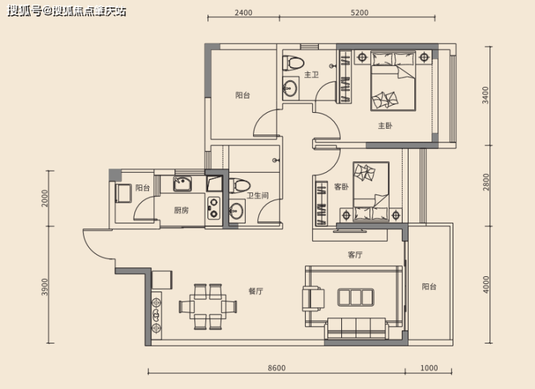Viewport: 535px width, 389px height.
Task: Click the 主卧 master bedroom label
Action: pyautogui.click(x=385, y=126)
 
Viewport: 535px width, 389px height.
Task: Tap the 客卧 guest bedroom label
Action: pyautogui.click(x=341, y=187)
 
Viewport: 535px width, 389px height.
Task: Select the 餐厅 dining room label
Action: pyautogui.click(x=255, y=291)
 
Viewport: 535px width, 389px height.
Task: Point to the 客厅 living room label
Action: pyautogui.click(x=355, y=255)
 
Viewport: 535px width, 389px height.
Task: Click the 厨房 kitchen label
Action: pyautogui.click(x=181, y=210)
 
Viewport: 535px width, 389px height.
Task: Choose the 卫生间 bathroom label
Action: pyautogui.click(x=257, y=195)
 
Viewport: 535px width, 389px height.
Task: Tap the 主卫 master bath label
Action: pyautogui.click(x=311, y=74)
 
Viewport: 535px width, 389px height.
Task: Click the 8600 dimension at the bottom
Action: pyautogui.click(x=276, y=368)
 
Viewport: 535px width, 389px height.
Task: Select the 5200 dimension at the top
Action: pyautogui.click(x=359, y=12)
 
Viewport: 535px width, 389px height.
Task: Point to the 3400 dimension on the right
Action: pyautogui.click(x=486, y=95)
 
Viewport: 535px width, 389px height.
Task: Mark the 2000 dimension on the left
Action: pyautogui.click(x=45, y=198)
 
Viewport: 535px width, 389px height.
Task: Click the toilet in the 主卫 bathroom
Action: pyautogui.click(x=293, y=63)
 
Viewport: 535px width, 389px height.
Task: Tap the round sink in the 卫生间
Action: pyautogui.click(x=236, y=211)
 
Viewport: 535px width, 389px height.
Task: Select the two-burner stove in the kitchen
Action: pyautogui.click(x=214, y=208)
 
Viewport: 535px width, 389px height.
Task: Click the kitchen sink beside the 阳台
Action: pyautogui.click(x=182, y=184)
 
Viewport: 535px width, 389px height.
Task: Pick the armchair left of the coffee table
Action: pyautogui.click(x=313, y=299)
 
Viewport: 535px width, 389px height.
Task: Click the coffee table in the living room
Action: pyautogui.click(x=356, y=297)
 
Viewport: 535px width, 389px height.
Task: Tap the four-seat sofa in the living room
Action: pyautogui.click(x=357, y=328)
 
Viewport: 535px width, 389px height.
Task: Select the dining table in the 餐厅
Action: pyautogui.click(x=207, y=307)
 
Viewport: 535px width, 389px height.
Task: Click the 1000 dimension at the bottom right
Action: pyautogui.click(x=429, y=368)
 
